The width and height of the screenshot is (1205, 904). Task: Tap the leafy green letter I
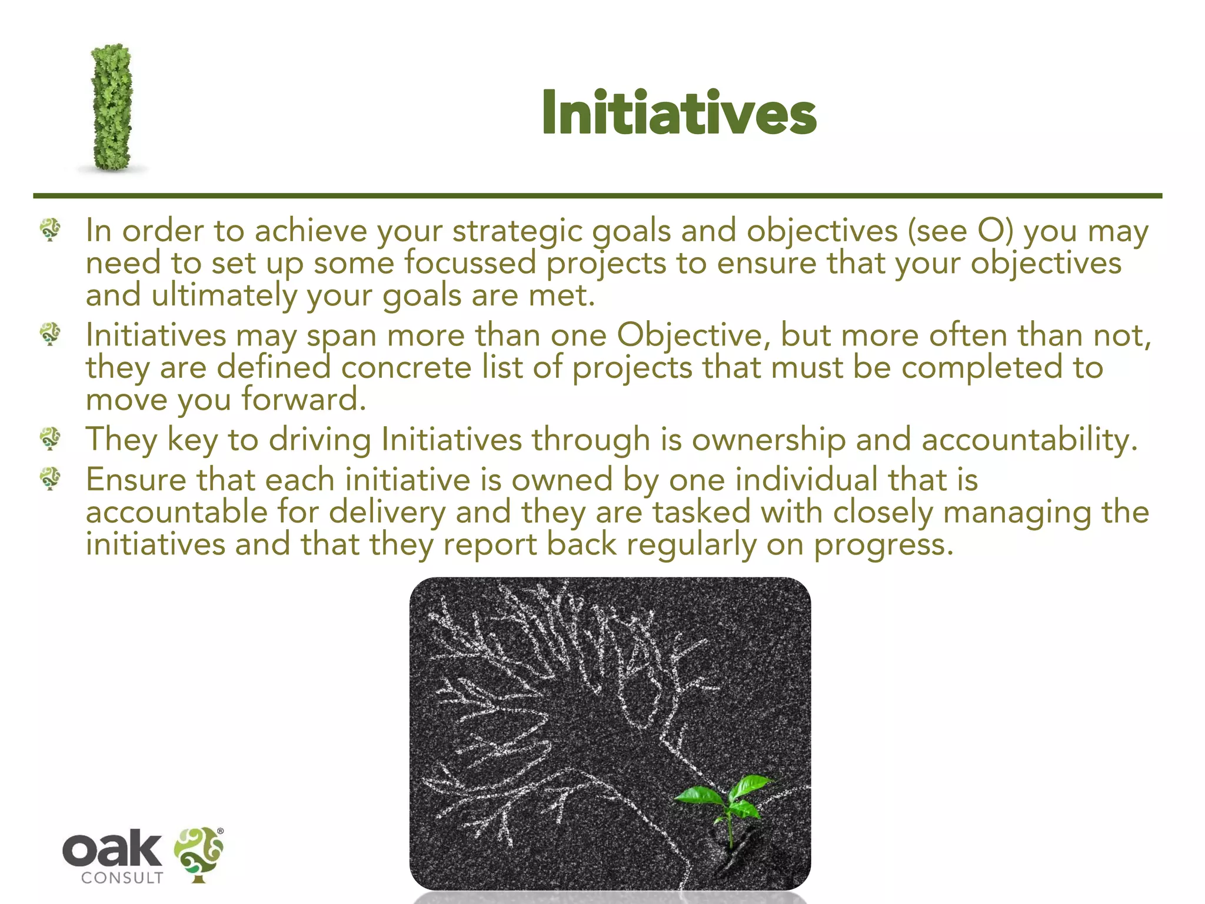(111, 108)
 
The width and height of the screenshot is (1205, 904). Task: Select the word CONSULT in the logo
(122, 878)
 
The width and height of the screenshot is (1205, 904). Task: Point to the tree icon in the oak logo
(199, 853)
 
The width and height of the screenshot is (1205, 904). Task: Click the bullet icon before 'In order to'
(51, 230)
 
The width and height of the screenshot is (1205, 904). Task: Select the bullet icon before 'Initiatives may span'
(51, 334)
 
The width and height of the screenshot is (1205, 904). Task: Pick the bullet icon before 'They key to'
(51, 438)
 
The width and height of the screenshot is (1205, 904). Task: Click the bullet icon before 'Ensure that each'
(51, 478)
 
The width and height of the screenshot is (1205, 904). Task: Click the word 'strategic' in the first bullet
(517, 231)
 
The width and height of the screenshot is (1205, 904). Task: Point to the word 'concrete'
(406, 368)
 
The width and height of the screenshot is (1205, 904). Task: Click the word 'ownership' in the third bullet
(768, 440)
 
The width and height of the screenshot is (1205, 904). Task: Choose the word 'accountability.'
(1029, 440)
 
